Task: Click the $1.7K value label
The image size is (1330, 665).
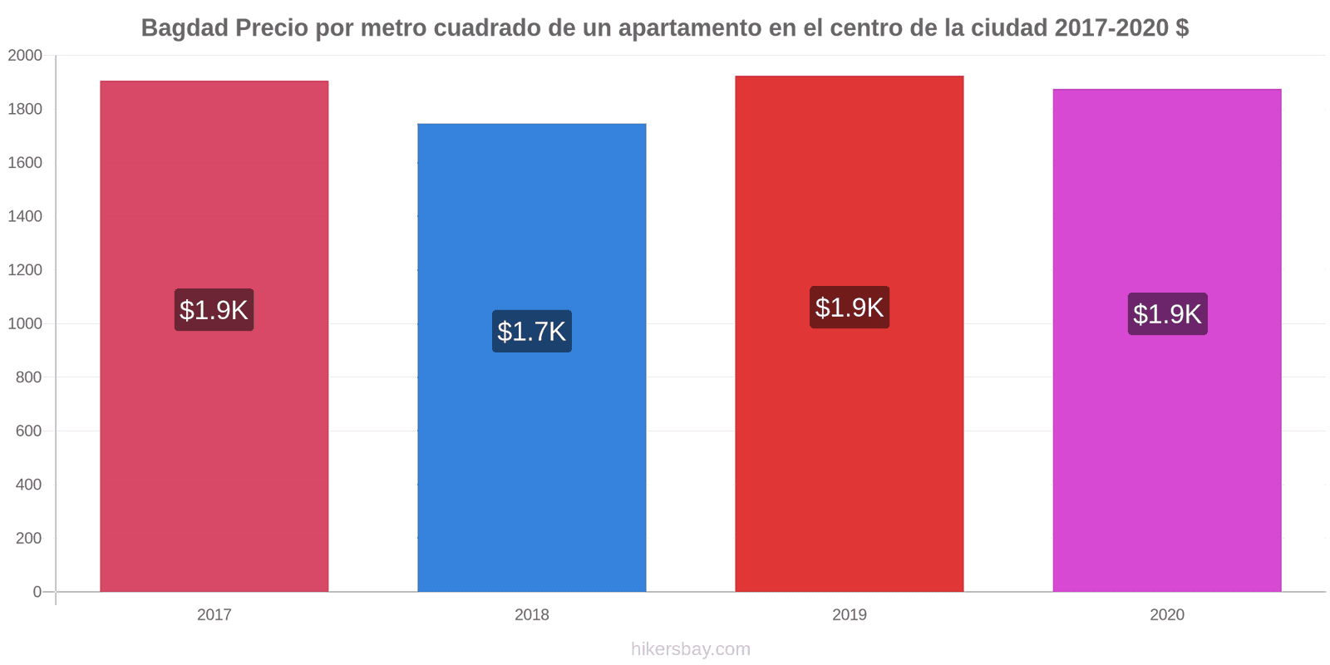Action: tap(532, 331)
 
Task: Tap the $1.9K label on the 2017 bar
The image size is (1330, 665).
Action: tap(214, 310)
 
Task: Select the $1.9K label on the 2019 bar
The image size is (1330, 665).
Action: tap(850, 308)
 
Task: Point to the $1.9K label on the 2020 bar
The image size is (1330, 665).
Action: tap(1167, 314)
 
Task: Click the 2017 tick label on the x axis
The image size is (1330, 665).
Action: tap(214, 615)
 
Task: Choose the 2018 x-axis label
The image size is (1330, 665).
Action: tap(532, 615)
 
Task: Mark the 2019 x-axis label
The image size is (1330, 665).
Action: tap(850, 615)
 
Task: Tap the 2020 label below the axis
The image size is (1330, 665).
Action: tap(1167, 615)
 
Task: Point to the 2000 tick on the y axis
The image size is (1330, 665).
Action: tap(25, 56)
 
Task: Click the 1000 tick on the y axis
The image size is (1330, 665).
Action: tap(25, 324)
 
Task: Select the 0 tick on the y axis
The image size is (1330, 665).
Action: tap(37, 592)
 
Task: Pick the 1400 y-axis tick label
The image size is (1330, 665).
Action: tap(25, 217)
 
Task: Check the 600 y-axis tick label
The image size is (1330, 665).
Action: tap(28, 431)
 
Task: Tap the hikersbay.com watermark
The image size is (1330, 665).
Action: tap(690, 649)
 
